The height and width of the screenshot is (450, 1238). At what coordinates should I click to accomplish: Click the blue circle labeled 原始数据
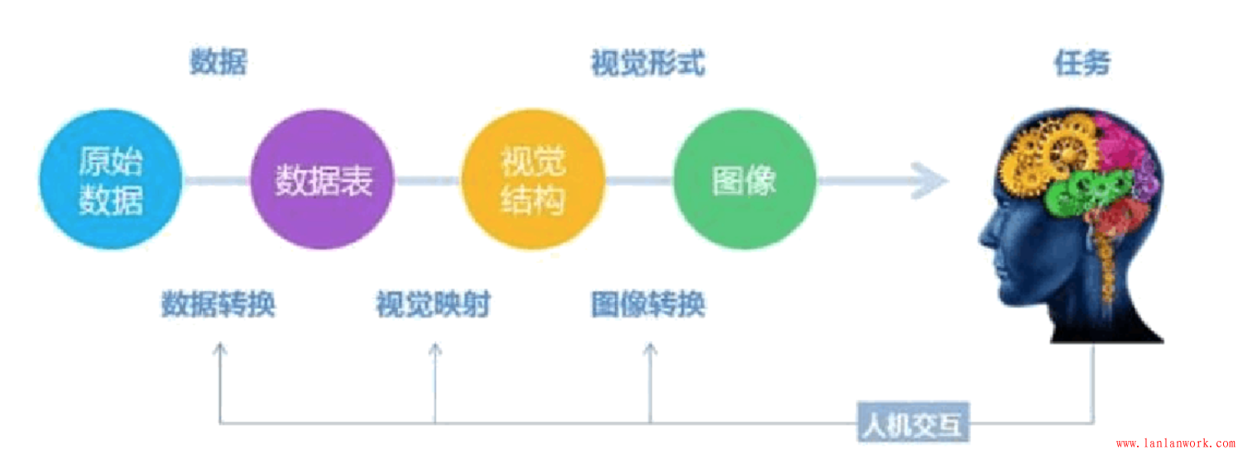[x=111, y=180]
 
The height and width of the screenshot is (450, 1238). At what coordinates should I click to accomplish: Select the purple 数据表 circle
[x=323, y=180]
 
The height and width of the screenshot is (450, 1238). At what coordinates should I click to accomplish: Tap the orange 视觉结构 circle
[x=533, y=180]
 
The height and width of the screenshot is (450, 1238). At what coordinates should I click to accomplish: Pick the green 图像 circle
[x=745, y=180]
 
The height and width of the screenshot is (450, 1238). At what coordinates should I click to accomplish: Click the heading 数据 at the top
[x=218, y=63]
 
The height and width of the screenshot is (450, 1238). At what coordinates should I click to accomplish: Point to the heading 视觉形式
[x=648, y=63]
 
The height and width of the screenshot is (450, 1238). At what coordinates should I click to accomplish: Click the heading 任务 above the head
[x=1082, y=63]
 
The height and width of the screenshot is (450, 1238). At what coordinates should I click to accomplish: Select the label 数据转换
[x=218, y=305]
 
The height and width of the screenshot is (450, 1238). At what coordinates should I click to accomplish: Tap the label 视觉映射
[x=434, y=305]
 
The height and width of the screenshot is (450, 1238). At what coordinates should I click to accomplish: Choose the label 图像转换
[x=648, y=305]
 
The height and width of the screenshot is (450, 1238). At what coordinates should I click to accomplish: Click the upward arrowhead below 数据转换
[x=219, y=348]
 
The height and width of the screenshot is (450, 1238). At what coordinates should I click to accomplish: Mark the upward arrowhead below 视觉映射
[x=434, y=348]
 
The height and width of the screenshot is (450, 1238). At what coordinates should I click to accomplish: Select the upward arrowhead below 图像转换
[x=650, y=348]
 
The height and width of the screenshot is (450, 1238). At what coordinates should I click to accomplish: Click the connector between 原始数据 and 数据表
[x=215, y=180]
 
